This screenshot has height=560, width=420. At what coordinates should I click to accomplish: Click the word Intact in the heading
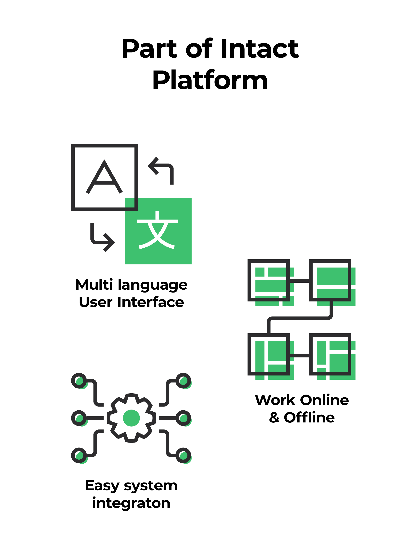(x=259, y=49)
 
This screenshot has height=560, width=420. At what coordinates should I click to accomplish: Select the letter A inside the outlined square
(x=104, y=177)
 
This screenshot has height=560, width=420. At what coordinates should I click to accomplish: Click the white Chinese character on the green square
(x=157, y=230)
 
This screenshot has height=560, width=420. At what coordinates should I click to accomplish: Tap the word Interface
(x=151, y=302)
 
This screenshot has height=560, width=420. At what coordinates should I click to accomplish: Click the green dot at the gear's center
(x=131, y=418)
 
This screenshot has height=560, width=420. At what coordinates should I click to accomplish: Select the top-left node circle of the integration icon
(x=79, y=381)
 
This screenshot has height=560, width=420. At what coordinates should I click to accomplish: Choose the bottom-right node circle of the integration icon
(x=183, y=455)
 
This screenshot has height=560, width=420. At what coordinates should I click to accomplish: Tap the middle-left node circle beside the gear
(x=79, y=418)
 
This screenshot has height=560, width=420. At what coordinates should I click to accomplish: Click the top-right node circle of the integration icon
(x=183, y=381)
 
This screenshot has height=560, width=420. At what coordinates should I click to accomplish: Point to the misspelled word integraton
(x=131, y=503)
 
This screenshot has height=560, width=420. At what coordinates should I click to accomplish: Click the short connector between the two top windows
(x=299, y=280)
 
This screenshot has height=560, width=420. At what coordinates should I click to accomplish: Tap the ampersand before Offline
(x=274, y=418)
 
